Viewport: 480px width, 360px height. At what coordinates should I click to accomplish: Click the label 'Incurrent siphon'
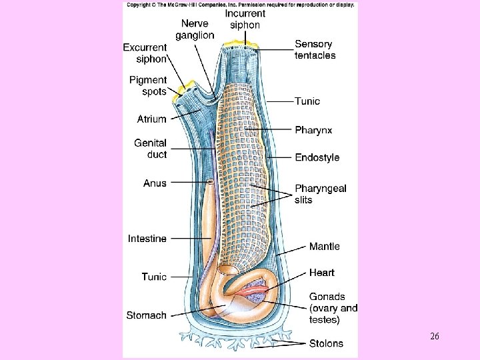pyautogui.click(x=245, y=19)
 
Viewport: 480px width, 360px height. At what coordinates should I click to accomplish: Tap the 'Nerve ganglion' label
pyautogui.click(x=195, y=29)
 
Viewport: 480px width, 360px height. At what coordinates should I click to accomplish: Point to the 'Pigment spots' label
pyautogui.click(x=147, y=86)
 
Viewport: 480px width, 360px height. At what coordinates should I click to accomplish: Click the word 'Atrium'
pyautogui.click(x=151, y=119)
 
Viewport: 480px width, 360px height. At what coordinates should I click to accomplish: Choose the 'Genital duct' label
pyautogui.click(x=150, y=149)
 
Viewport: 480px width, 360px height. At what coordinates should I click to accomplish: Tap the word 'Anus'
pyautogui.click(x=155, y=182)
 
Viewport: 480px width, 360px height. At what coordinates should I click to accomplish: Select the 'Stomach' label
pyautogui.click(x=146, y=315)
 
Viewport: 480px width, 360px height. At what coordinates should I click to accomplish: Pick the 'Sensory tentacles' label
pyautogui.click(x=315, y=50)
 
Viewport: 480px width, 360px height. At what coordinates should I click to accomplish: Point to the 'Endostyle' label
pyautogui.click(x=317, y=158)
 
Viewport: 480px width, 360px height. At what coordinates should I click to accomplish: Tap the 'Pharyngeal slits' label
pyautogui.click(x=320, y=194)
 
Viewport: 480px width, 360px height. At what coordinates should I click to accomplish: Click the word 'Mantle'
pyautogui.click(x=324, y=247)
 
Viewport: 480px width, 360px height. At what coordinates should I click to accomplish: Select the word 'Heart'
pyautogui.click(x=321, y=273)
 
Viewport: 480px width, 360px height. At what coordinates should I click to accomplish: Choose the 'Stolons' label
pyautogui.click(x=326, y=344)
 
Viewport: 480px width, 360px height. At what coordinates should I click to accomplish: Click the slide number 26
pyautogui.click(x=434, y=337)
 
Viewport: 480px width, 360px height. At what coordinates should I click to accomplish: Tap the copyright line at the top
pyautogui.click(x=240, y=5)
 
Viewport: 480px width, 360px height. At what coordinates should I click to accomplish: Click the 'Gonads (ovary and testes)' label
pyautogui.click(x=333, y=308)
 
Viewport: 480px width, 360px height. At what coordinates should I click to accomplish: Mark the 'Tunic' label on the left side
pyautogui.click(x=154, y=276)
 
